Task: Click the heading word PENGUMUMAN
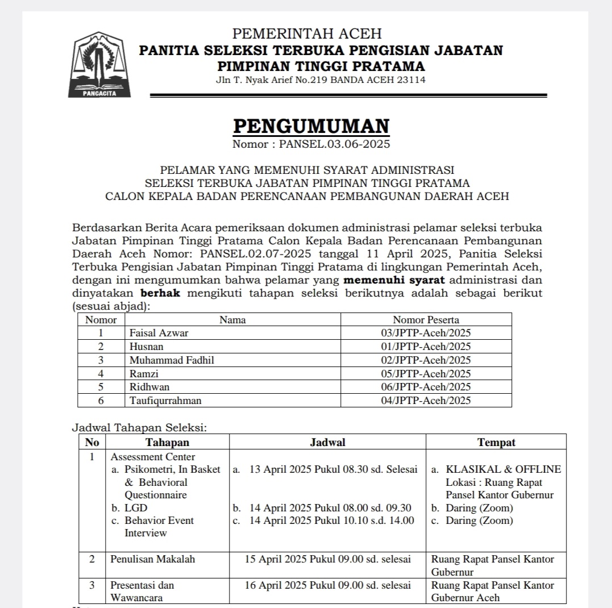tap(311, 127)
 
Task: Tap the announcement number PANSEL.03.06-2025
tap(334, 144)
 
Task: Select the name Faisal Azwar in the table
tap(159, 333)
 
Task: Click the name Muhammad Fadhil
tap(172, 360)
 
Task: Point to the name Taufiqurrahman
tap(165, 401)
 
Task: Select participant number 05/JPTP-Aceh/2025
tap(426, 373)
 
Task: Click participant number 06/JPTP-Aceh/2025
tap(426, 387)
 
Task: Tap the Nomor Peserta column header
tap(426, 320)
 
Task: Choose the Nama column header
tap(232, 320)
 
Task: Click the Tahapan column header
tap(167, 443)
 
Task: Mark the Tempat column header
tap(496, 443)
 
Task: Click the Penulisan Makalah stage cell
tap(152, 559)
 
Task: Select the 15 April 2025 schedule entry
tap(327, 559)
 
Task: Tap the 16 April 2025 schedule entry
tap(327, 585)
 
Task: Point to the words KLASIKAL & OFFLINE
tap(503, 469)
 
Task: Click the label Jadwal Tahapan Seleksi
tap(139, 427)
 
